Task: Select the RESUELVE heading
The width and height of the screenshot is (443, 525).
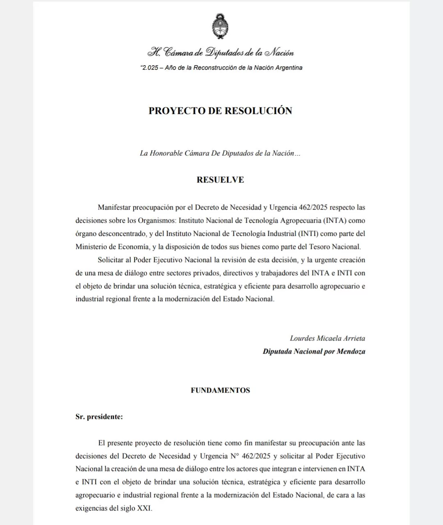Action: pos(220,180)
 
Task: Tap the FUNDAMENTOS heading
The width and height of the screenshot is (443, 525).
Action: pos(220,390)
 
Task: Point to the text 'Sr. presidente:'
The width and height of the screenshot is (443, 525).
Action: pos(99,417)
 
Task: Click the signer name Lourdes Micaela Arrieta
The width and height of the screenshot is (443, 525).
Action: pos(327,338)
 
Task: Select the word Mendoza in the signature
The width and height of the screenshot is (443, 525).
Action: pos(351,352)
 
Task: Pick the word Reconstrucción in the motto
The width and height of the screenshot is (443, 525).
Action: pos(214,68)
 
